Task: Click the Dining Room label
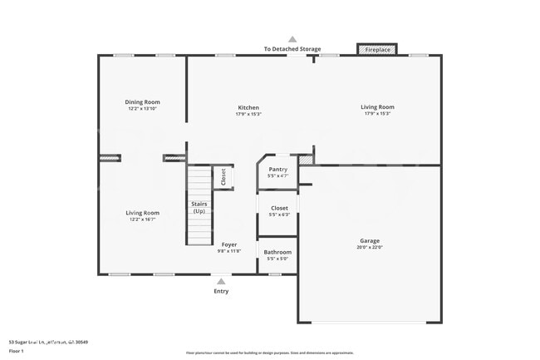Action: (142, 102)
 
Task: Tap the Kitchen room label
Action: (248, 107)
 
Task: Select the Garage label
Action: (370, 240)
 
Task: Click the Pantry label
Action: (277, 170)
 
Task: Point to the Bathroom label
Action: (277, 252)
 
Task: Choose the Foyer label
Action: (228, 244)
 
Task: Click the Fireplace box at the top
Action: (377, 50)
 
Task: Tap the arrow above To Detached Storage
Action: (292, 39)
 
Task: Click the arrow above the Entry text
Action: (221, 282)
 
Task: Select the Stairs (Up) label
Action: (199, 207)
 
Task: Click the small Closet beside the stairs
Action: (223, 177)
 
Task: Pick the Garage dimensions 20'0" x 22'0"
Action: (370, 247)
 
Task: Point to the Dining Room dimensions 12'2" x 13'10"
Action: (142, 109)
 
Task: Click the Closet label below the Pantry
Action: (279, 208)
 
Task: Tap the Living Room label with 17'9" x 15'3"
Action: (377, 106)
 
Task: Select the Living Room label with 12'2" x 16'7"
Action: (142, 213)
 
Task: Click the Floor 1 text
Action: (16, 351)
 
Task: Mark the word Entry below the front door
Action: (221, 291)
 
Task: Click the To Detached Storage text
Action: (292, 49)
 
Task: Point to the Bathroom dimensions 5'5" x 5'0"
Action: (277, 259)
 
